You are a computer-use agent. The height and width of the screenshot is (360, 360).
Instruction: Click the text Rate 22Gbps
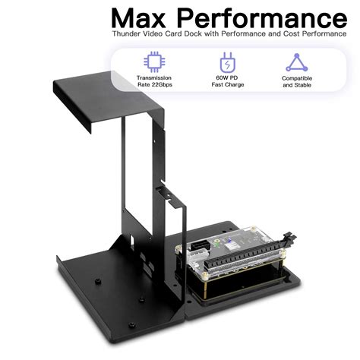[x=153, y=84]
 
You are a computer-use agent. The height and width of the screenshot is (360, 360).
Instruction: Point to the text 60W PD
[x=227, y=77]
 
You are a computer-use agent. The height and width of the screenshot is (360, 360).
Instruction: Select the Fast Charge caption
[x=227, y=85]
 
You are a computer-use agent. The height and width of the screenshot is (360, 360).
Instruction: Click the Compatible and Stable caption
[x=297, y=81]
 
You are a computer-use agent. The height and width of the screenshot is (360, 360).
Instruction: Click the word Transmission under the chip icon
[x=153, y=77]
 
